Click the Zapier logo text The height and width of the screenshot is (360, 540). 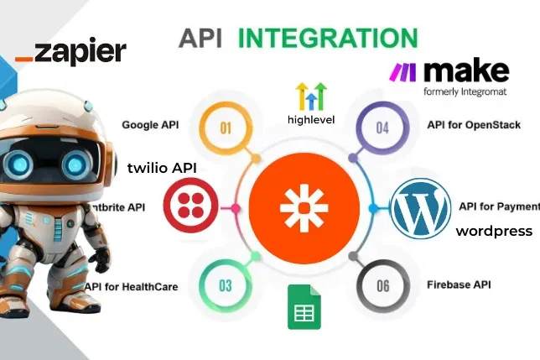coord(70,52)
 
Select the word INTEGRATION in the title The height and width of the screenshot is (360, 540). coord(328,38)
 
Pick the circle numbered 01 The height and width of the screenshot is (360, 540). coord(226,128)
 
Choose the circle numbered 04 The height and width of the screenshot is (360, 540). coord(382,128)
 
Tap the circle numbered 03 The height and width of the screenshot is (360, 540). coord(226,285)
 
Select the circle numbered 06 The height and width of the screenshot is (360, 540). coord(382,286)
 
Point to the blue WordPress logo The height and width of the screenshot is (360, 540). coord(420,207)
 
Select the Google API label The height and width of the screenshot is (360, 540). coord(150,125)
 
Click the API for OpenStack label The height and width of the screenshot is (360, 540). coord(474,125)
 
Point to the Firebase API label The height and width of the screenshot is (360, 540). coord(459,284)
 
